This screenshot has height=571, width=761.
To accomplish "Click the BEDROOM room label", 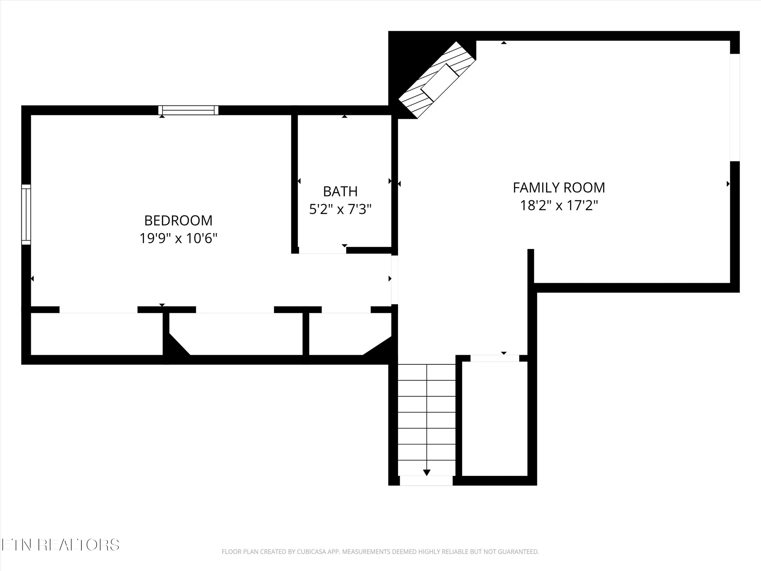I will [x=178, y=220].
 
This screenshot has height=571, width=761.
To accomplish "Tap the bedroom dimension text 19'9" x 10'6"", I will [x=178, y=239].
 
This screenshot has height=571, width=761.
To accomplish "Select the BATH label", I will [x=340, y=191].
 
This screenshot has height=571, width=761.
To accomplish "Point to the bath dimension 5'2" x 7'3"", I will [x=340, y=209].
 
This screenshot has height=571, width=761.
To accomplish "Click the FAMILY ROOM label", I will [x=559, y=188].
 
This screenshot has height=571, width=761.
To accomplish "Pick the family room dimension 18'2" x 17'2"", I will [x=559, y=206].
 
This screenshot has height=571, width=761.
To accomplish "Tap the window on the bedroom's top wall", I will [x=188, y=110].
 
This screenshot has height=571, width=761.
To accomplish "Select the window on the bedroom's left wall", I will [x=26, y=214].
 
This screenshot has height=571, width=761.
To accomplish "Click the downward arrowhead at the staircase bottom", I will [x=427, y=472].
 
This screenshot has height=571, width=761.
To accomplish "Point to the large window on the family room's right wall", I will [x=734, y=107].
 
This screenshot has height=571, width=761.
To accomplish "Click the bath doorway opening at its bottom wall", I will [x=322, y=250].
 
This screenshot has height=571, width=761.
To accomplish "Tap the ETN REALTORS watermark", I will [x=60, y=545].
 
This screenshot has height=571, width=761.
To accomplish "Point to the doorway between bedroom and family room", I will [x=395, y=280].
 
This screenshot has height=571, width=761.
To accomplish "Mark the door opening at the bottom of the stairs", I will [x=426, y=481].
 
